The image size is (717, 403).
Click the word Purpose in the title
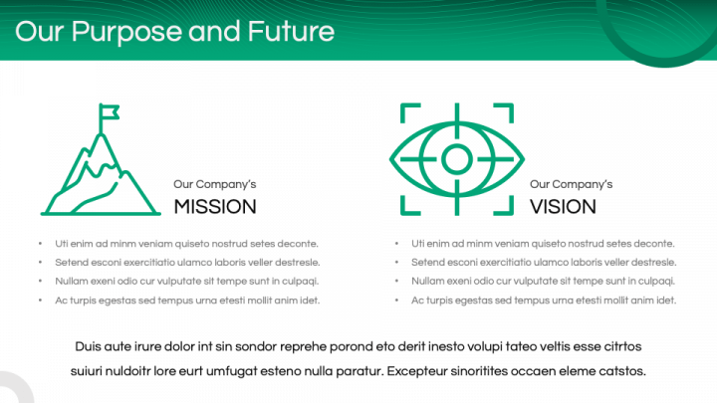pos(126,32)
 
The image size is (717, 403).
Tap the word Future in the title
pos(291,31)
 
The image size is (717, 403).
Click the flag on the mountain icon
pos(110,111)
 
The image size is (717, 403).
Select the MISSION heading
pos(215,207)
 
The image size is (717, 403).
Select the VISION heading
pos(563,207)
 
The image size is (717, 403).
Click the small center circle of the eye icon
pos(457,159)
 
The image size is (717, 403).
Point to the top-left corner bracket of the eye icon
pos(410,112)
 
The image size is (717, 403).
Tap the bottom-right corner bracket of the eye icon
pos(504,206)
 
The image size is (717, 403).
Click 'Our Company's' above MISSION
pos(214,184)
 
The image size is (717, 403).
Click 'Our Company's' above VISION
pos(572,184)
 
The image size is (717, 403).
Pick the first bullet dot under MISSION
pos(40,244)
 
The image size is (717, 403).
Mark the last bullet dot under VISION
pos(396,301)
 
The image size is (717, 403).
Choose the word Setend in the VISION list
pos(426,263)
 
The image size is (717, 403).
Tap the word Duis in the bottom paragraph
pos(88,346)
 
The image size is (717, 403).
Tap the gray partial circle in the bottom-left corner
pos(22,385)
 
